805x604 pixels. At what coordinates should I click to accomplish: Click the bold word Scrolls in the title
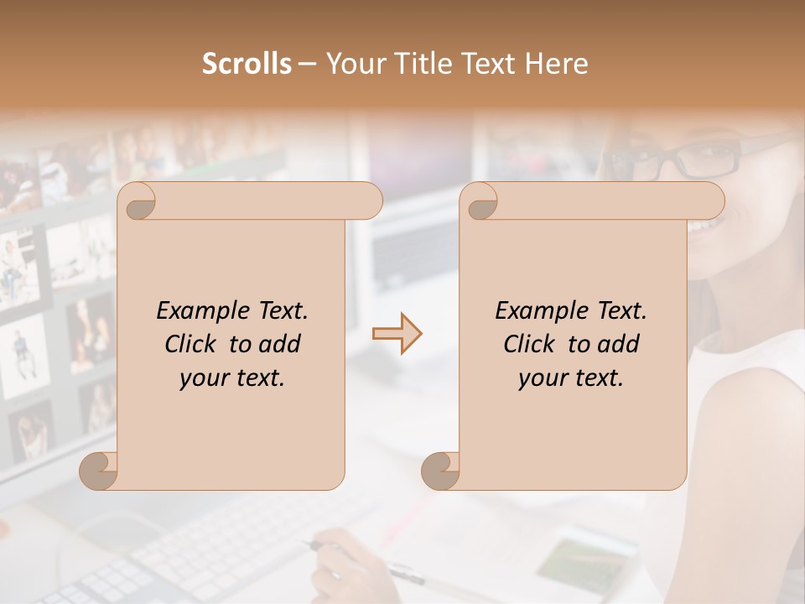pos(247,64)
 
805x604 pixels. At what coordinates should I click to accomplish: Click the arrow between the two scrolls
pos(397,334)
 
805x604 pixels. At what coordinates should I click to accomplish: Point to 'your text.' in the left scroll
pos(232,377)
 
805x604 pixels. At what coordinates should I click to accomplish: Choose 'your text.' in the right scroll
pos(571,377)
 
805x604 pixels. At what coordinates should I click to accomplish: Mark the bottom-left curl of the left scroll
pos(99,471)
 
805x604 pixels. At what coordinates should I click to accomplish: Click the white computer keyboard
pos(210,554)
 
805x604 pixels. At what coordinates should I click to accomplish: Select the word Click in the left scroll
pos(192,344)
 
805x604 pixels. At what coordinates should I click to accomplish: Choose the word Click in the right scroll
pos(531,344)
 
